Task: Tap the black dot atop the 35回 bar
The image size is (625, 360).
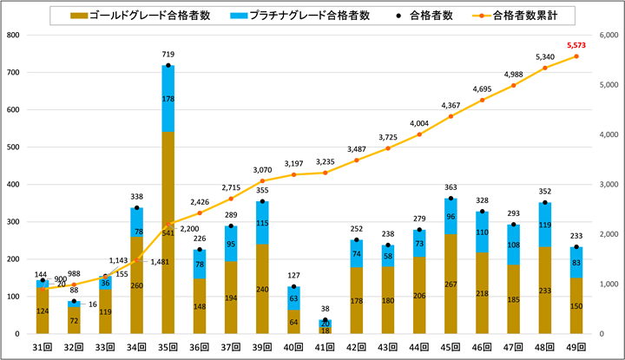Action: (x=168, y=65)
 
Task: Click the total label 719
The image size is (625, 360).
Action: (x=168, y=54)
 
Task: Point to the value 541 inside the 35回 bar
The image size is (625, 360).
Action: (x=168, y=232)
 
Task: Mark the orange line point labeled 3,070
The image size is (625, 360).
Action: (x=262, y=180)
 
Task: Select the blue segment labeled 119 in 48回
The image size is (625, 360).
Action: (x=543, y=225)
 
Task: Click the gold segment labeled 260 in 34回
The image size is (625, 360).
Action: (x=136, y=285)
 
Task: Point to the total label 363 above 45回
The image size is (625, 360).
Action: (x=450, y=187)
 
